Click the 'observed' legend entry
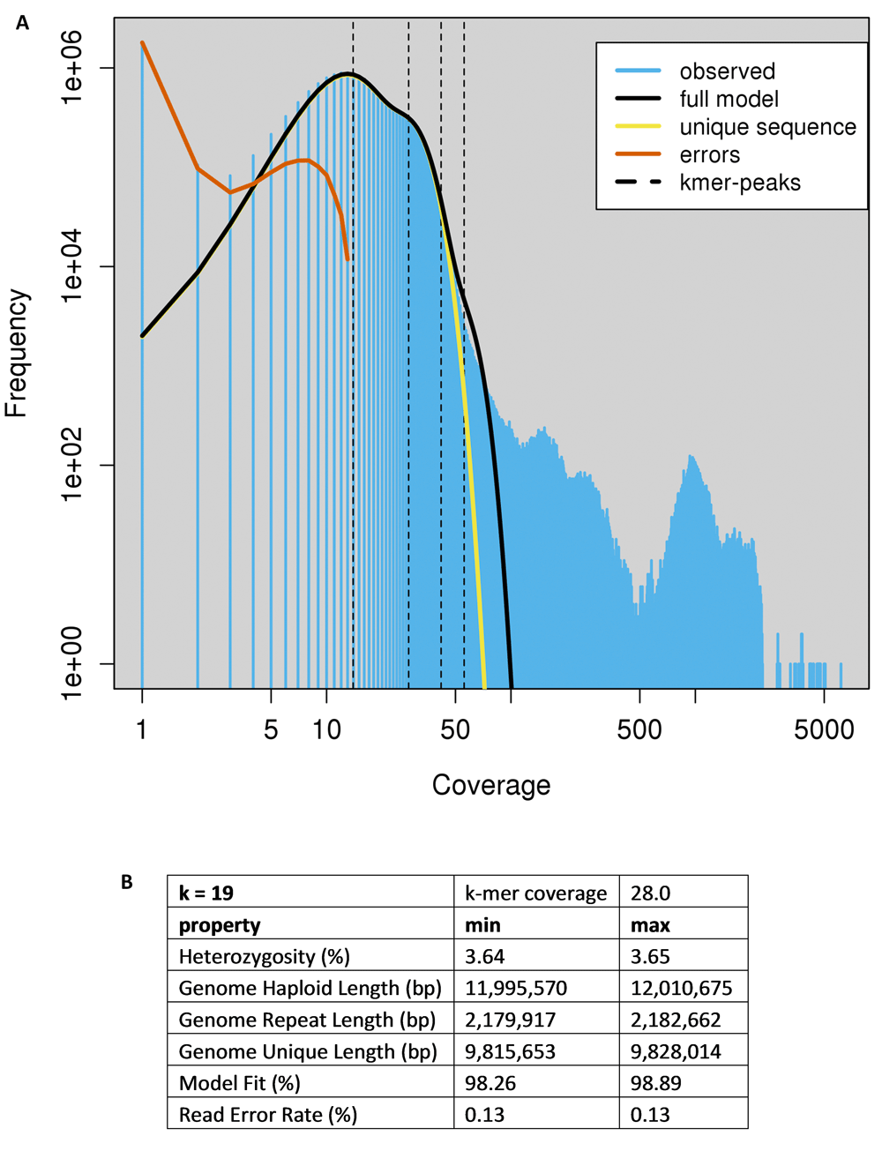point(727,71)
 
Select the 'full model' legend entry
point(729,99)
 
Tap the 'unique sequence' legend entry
point(767,127)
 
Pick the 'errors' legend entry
point(709,155)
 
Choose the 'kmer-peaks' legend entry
point(739,183)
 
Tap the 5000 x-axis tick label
point(823,729)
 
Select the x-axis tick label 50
point(455,729)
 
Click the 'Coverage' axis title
point(491,785)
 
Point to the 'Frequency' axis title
point(18,353)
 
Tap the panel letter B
point(127,882)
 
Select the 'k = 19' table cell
point(206,893)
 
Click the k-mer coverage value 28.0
point(651,893)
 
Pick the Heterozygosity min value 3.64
point(484,957)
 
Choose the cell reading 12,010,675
point(681,989)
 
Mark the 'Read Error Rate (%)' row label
point(268,1115)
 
